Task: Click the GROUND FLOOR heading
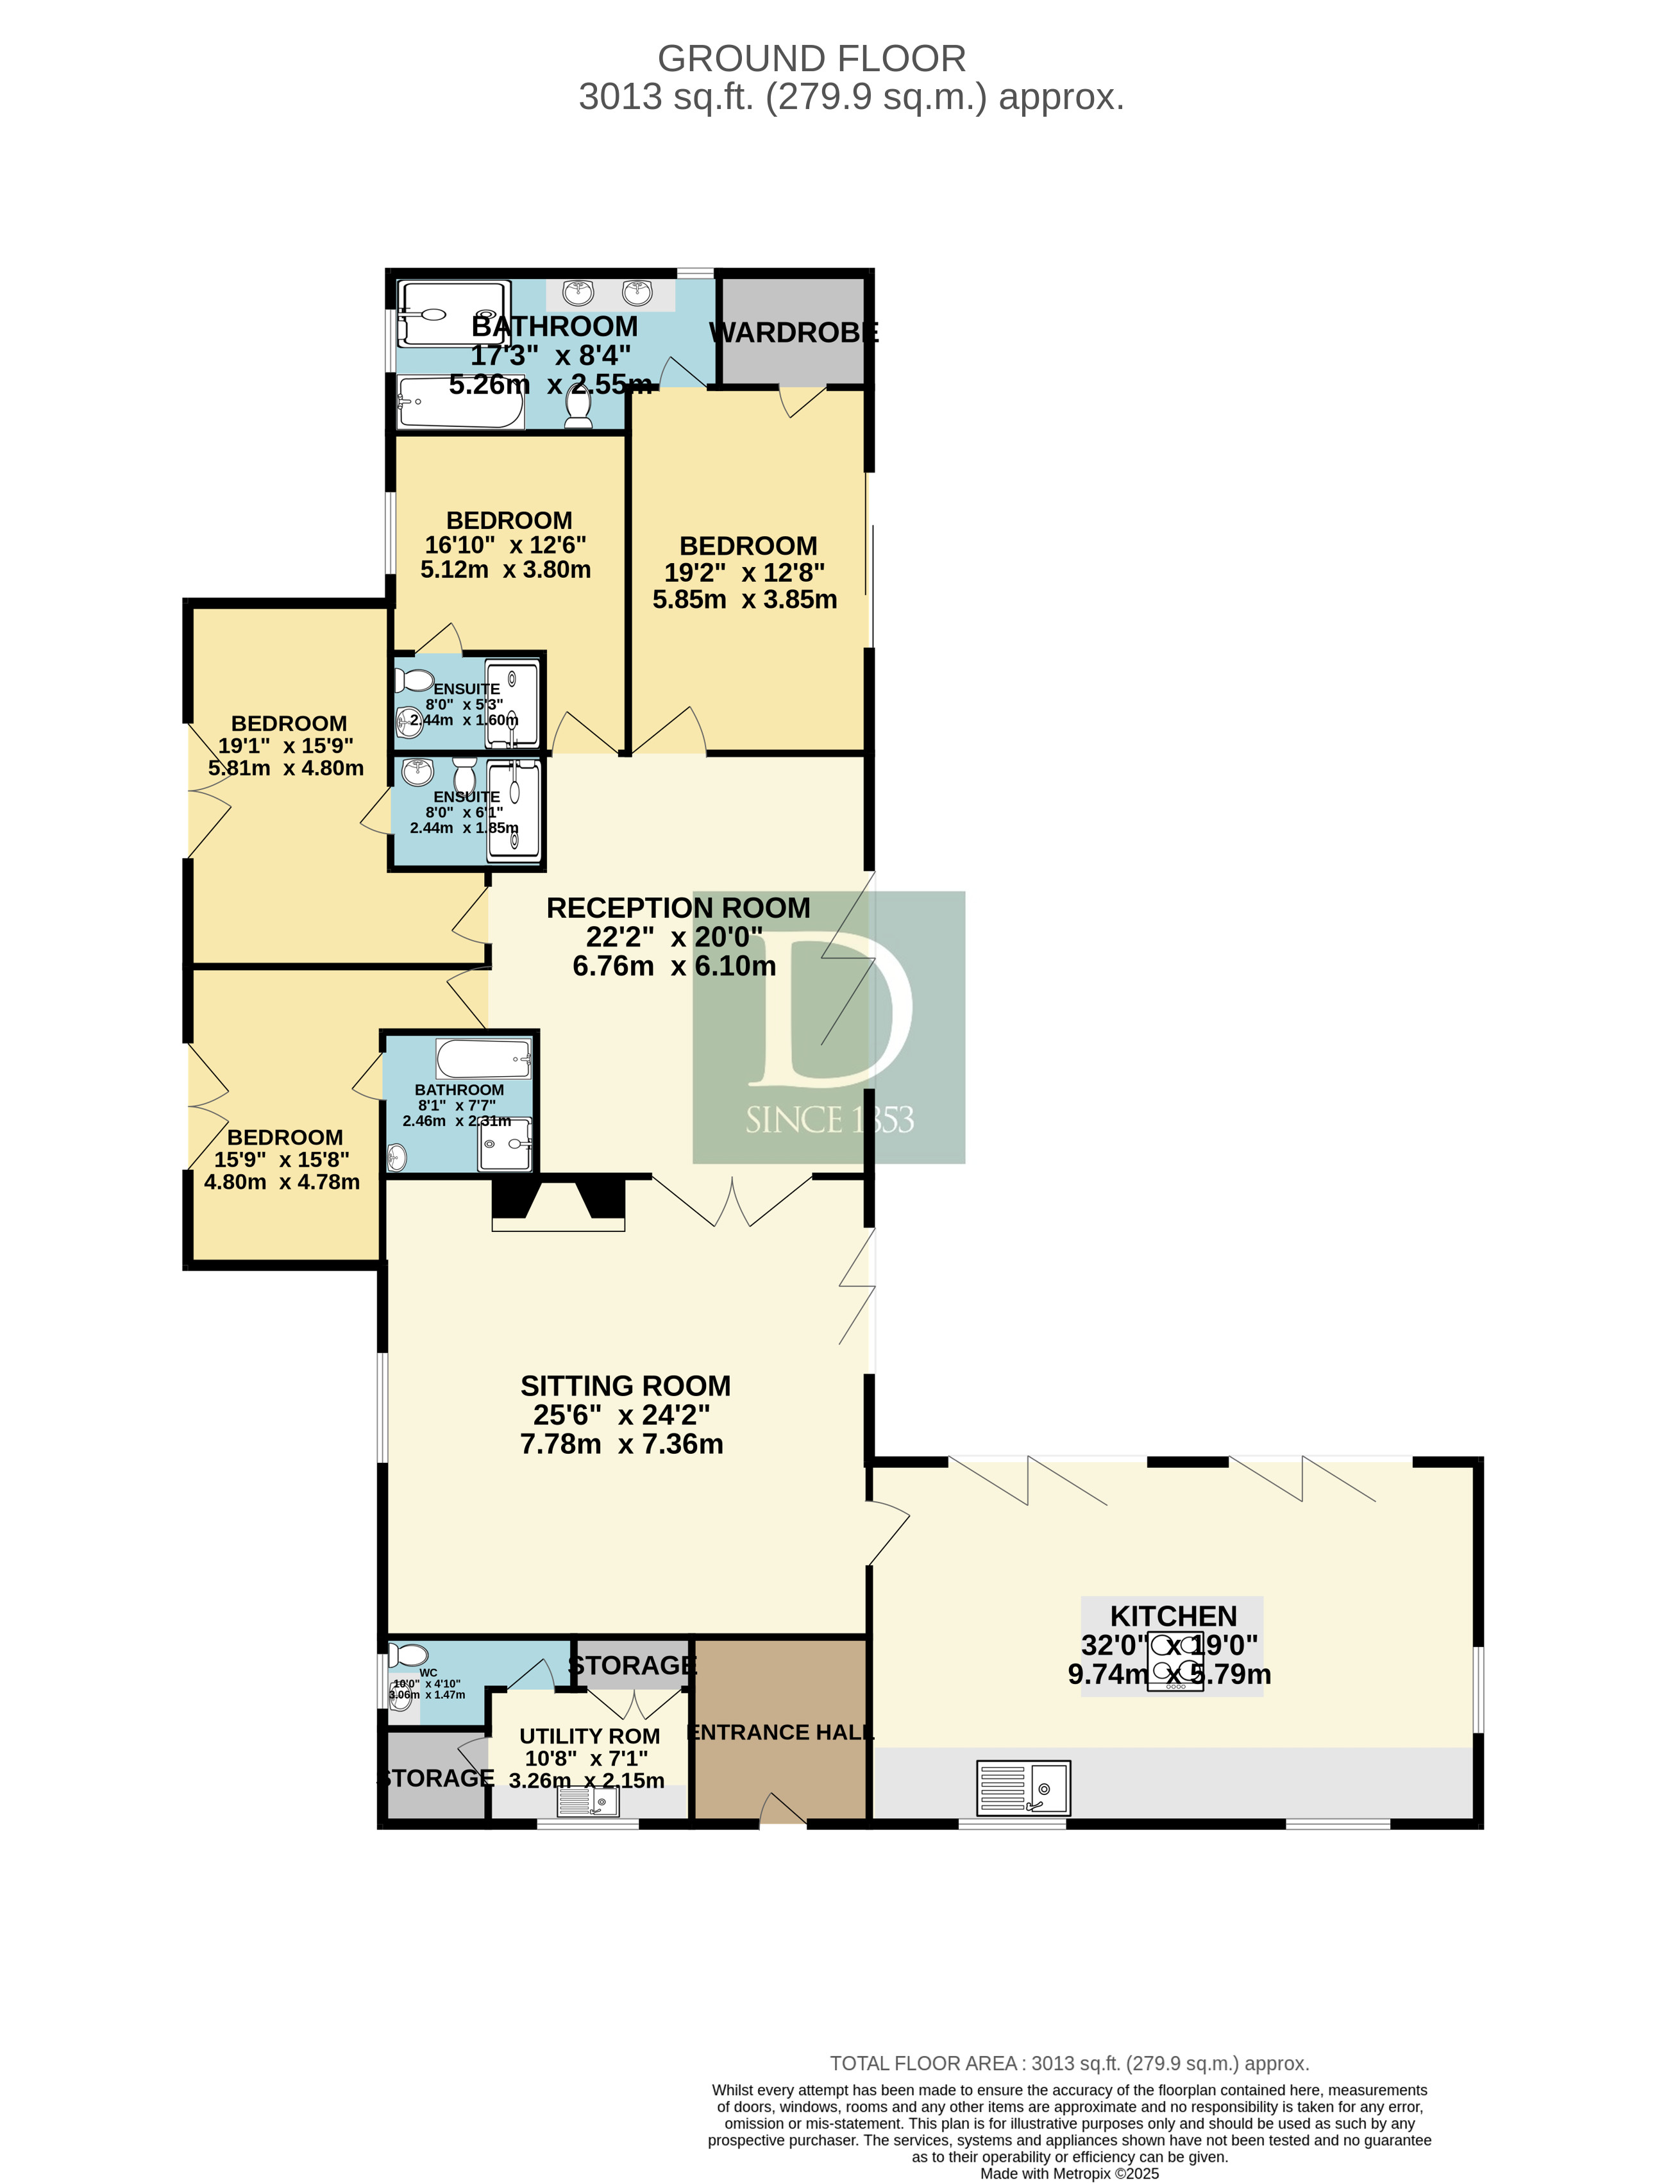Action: tap(811, 58)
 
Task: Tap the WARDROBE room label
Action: tap(793, 332)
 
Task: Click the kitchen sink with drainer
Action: tap(1022, 1787)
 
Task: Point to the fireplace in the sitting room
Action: tap(559, 1204)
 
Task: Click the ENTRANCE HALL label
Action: tap(780, 1732)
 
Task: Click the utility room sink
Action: tap(588, 1800)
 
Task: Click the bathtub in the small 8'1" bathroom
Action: tap(484, 1058)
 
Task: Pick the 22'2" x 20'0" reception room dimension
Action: tap(675, 936)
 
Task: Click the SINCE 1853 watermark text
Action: tap(829, 1120)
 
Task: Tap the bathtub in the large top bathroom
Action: tap(460, 403)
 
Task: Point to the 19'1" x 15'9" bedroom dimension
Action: tap(285, 746)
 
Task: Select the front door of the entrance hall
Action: tap(782, 1811)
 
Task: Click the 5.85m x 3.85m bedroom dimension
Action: tap(745, 599)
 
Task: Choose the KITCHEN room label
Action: tap(1173, 1615)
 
